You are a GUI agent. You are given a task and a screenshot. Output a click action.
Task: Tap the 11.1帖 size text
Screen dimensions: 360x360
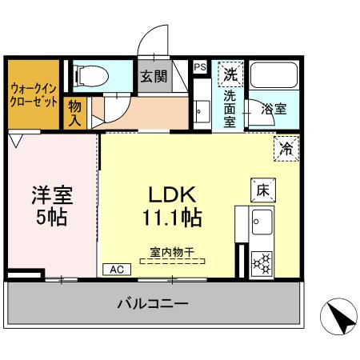(x=172, y=216)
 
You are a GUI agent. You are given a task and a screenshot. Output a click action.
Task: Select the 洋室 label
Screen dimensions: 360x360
(x=50, y=194)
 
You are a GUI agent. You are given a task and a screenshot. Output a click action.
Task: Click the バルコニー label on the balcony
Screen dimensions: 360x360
(x=152, y=304)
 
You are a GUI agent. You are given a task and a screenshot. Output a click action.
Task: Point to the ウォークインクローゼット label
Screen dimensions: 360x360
(x=33, y=96)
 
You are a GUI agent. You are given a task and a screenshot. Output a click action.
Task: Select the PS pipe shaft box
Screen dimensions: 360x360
(x=200, y=68)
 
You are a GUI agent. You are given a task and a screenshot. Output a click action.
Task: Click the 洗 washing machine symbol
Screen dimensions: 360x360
(x=230, y=74)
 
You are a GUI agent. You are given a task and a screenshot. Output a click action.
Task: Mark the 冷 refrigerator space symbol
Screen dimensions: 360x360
(x=287, y=146)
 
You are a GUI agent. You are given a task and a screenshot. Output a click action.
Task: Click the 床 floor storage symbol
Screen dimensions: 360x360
(x=262, y=188)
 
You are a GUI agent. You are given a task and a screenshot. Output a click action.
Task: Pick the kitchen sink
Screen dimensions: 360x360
(x=262, y=220)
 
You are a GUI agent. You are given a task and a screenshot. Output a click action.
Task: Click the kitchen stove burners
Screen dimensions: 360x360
(x=262, y=262)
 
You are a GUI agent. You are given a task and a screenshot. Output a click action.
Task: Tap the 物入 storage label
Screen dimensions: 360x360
(x=75, y=114)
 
